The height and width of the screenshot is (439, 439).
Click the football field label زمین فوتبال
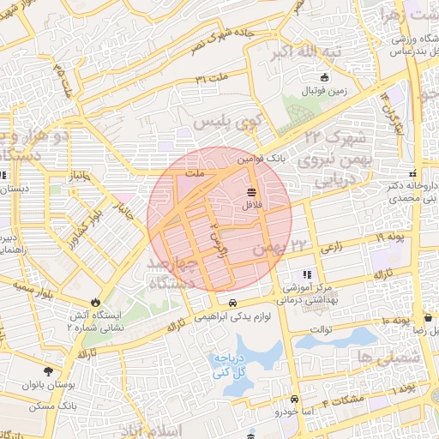point(322,90)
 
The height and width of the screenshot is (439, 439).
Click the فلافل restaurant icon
point(251,192)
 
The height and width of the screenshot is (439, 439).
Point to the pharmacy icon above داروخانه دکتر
point(413,171)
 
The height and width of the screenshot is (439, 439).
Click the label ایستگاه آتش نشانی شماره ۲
point(95,321)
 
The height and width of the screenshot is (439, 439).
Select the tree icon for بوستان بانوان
point(48,371)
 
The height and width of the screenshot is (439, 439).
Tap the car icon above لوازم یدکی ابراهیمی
point(233,303)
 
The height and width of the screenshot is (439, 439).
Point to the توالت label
point(321,328)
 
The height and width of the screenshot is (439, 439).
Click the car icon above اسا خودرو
point(294,400)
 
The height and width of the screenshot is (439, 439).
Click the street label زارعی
point(332,248)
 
